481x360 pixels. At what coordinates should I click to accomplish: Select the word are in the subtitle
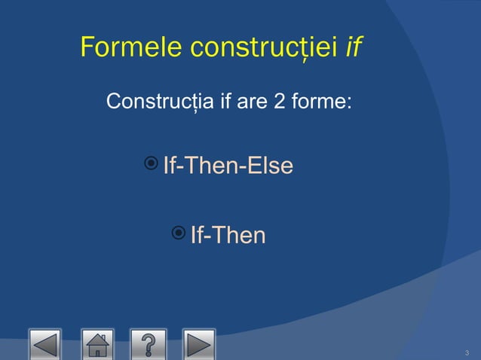[x=253, y=101]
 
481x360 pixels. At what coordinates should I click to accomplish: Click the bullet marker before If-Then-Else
[x=151, y=163]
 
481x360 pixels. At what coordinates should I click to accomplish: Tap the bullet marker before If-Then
[x=178, y=233]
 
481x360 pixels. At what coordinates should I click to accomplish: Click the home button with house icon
[x=97, y=344]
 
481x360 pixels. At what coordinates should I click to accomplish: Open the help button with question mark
[x=148, y=344]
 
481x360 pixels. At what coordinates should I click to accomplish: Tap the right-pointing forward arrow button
[x=198, y=344]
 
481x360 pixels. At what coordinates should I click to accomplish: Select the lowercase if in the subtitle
[x=223, y=101]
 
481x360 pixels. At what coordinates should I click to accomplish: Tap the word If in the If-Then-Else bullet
[x=170, y=166]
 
